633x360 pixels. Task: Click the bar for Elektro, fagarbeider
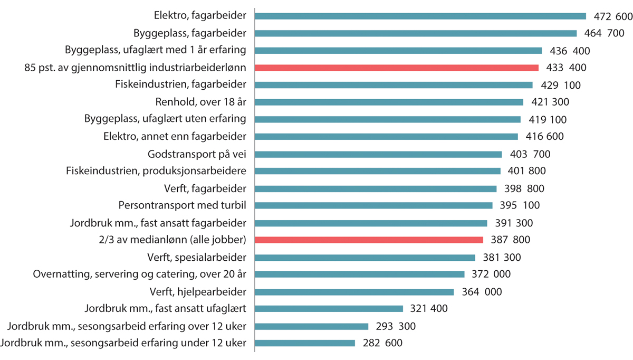point(420,16)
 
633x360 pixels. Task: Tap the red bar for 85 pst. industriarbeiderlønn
point(396,68)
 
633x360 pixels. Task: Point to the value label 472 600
point(611,16)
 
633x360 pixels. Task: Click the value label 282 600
point(382,343)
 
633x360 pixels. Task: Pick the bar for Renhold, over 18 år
point(389,102)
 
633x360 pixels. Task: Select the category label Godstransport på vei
point(198,154)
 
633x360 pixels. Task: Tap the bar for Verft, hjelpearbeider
point(354,291)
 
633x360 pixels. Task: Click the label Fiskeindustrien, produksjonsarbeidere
point(156,171)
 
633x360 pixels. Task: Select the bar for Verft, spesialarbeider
point(365,257)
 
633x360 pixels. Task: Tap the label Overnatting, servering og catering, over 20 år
point(140,274)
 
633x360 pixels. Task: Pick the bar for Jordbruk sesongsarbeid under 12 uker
point(304,343)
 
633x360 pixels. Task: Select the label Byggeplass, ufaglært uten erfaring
point(165,119)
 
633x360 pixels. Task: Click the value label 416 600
point(544,137)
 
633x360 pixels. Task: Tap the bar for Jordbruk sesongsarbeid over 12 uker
point(311,326)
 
